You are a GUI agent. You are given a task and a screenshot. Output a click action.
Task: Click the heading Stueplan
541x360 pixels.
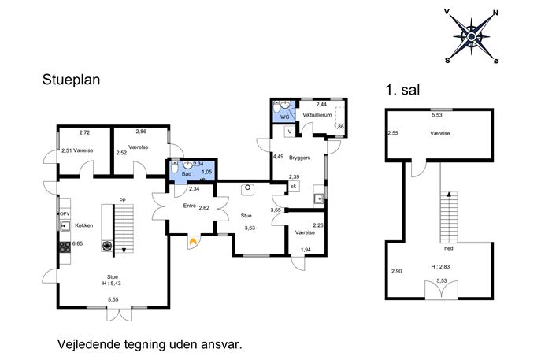[71, 80]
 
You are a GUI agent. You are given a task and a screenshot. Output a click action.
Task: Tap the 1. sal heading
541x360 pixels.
[402, 90]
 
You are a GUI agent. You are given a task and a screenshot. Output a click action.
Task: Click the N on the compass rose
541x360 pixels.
[496, 13]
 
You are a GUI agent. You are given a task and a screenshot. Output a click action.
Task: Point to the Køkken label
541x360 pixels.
[83, 225]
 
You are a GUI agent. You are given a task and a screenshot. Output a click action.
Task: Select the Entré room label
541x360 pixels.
[190, 206]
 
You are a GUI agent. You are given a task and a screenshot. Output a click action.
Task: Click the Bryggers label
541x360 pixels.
[299, 158]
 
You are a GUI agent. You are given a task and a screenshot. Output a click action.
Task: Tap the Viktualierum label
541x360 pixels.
[317, 115]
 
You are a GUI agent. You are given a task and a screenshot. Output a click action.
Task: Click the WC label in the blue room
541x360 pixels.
[284, 117]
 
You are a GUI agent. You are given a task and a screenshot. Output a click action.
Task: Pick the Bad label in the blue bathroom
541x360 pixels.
[187, 174]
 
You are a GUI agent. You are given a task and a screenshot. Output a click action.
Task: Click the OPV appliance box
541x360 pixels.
[65, 214]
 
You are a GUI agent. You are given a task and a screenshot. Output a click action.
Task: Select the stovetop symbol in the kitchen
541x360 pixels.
[65, 247]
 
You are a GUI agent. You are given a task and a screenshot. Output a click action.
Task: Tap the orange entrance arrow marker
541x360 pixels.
[193, 242]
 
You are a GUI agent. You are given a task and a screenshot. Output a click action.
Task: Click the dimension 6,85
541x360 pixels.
[77, 243]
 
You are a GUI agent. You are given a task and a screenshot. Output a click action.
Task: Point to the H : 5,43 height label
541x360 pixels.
[112, 284]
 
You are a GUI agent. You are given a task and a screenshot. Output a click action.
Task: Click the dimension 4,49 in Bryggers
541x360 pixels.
[278, 156]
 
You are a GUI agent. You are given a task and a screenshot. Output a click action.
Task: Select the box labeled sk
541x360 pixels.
[294, 187]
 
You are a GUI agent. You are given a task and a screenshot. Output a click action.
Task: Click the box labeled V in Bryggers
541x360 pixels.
[290, 132]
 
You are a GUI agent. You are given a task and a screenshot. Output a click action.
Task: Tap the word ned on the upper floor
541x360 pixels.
[449, 248]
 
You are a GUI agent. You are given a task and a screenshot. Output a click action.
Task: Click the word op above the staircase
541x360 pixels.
[123, 199]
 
